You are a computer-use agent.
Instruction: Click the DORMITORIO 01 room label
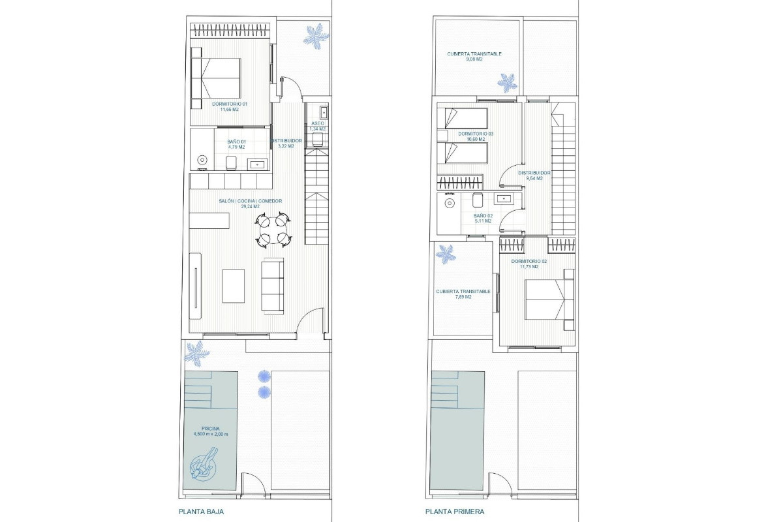coord(229,104)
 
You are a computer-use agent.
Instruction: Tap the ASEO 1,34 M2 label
coord(317,126)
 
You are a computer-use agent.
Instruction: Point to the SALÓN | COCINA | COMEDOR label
coord(251,201)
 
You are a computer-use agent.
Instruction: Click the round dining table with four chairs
coord(273,230)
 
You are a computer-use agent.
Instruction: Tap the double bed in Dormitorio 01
coord(216,78)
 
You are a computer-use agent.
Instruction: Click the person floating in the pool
coord(204,464)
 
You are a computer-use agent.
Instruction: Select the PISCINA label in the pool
coord(211,429)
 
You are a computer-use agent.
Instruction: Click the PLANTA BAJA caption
coord(202,512)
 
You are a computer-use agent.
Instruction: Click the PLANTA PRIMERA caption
coord(455,512)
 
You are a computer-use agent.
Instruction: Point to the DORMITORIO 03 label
coord(476,134)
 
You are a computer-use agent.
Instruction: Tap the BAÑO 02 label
coord(482,216)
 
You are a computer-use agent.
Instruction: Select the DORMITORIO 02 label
coord(529,262)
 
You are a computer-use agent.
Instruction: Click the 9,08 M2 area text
coord(474,59)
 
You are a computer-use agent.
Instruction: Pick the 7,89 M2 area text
coord(463,297)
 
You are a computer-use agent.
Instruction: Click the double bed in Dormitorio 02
coord(549,299)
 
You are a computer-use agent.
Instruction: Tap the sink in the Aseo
coord(324,112)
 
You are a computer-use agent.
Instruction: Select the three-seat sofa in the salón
coord(273,286)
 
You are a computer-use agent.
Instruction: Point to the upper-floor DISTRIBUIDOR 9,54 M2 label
coord(534,176)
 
